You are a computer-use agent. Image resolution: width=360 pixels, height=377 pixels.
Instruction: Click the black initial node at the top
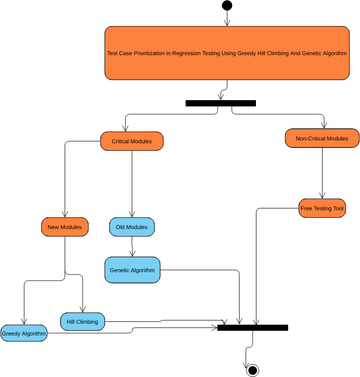coord(227,6)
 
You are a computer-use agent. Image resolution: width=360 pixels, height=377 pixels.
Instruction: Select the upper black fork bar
coord(220,102)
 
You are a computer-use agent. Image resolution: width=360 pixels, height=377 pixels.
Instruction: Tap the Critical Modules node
coord(131,141)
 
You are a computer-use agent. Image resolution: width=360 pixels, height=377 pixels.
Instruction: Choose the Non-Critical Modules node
coord(322,138)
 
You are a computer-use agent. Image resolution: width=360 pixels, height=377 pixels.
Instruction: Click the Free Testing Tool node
coord(322,208)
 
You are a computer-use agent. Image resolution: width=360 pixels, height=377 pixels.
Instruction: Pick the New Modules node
coord(64,227)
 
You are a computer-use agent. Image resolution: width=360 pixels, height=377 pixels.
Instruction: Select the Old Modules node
coord(131,227)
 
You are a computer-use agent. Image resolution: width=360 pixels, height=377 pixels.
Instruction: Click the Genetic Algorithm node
coord(132,269)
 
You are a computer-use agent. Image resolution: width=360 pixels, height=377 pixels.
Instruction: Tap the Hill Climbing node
coord(83,321)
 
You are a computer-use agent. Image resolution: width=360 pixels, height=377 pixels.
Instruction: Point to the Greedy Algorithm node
coord(24,333)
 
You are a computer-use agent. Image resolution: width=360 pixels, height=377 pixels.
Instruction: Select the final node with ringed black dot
coord(252,369)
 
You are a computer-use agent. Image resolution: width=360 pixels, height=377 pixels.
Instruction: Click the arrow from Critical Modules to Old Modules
coord(132,184)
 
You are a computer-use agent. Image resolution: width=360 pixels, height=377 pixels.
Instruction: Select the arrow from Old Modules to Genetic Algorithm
coord(132,247)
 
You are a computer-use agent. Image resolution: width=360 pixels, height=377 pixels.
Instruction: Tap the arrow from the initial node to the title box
coord(227,19)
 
